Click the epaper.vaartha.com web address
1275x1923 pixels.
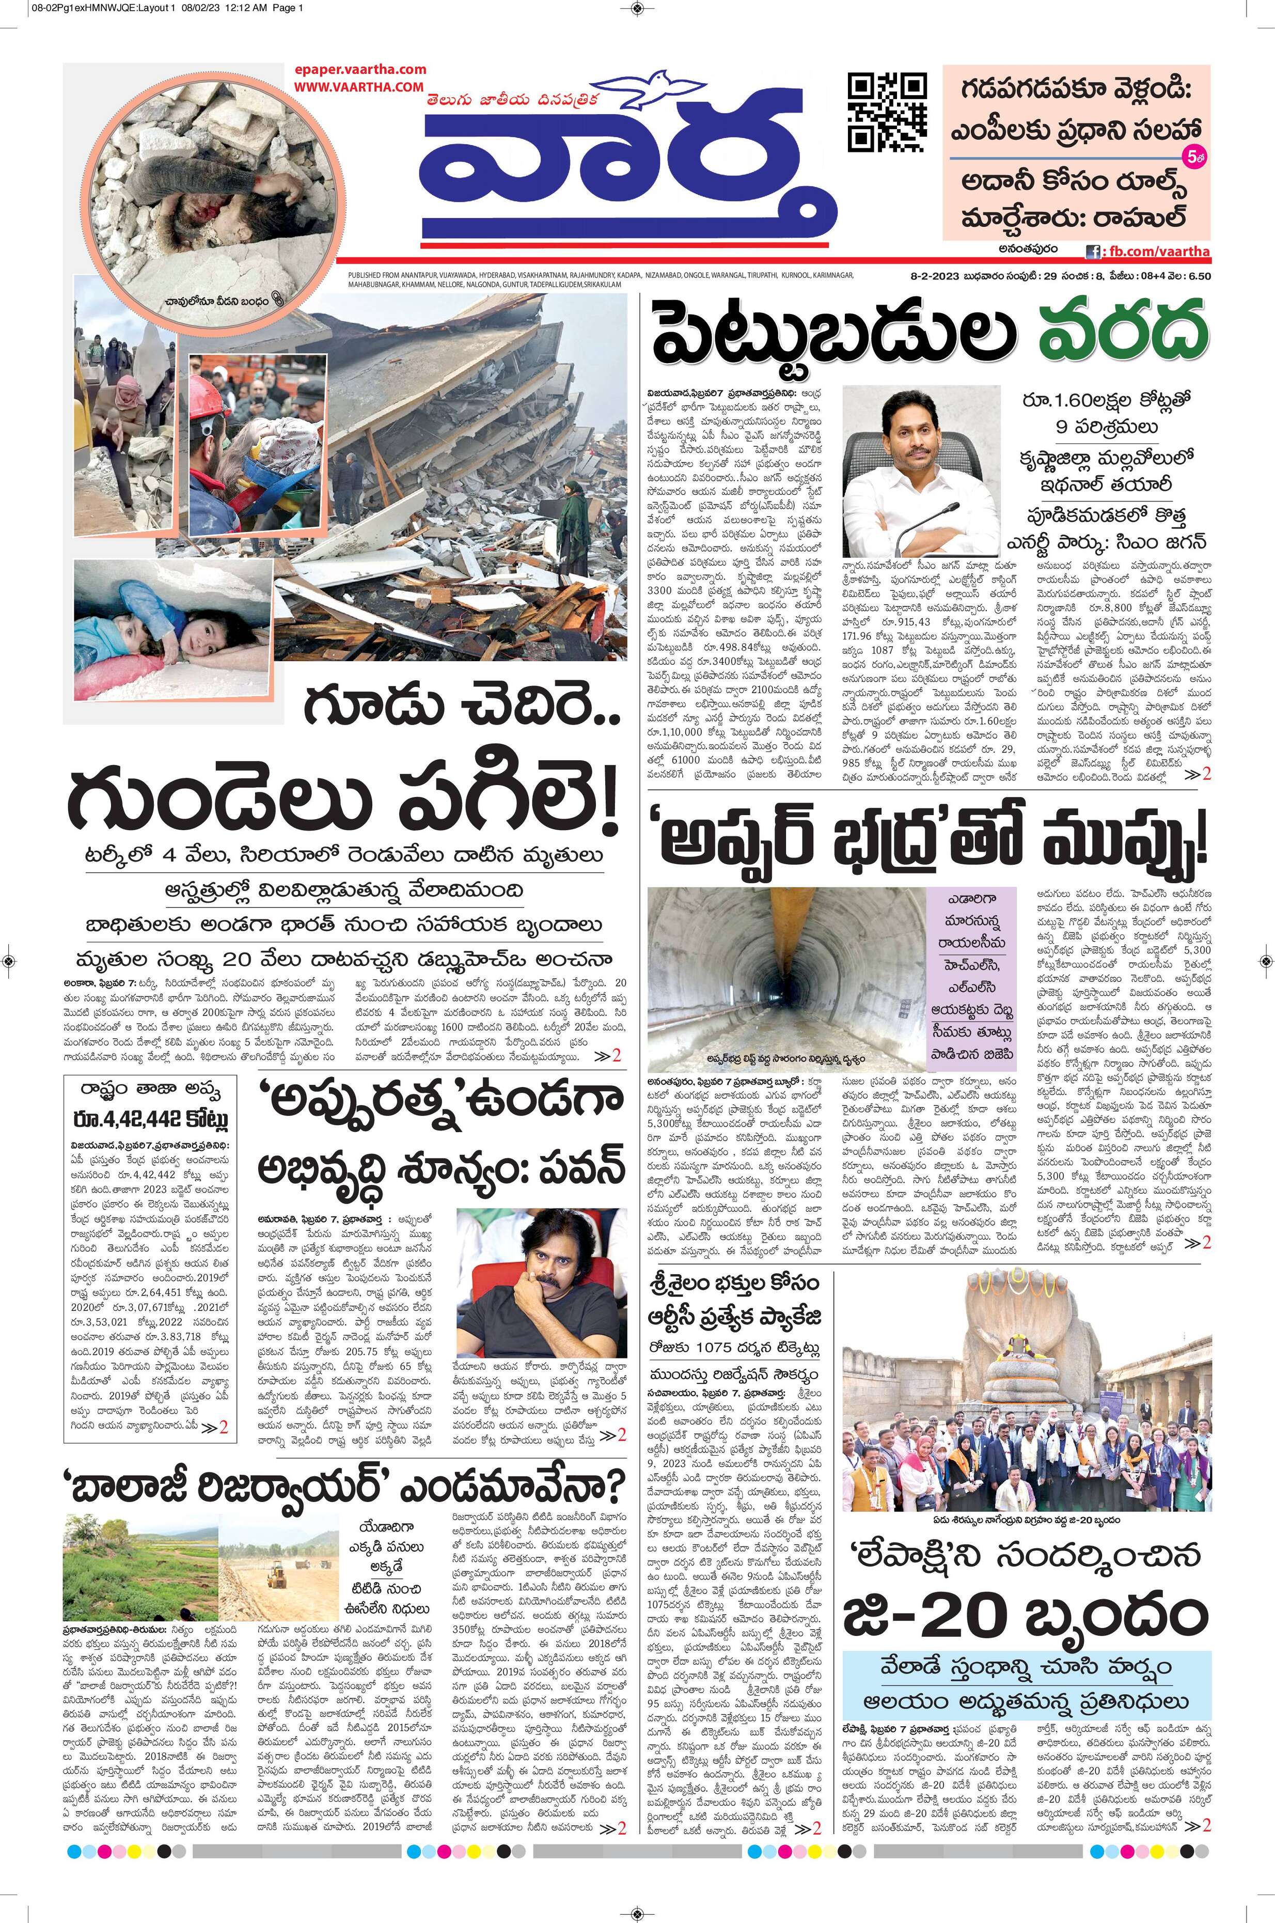point(360,70)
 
